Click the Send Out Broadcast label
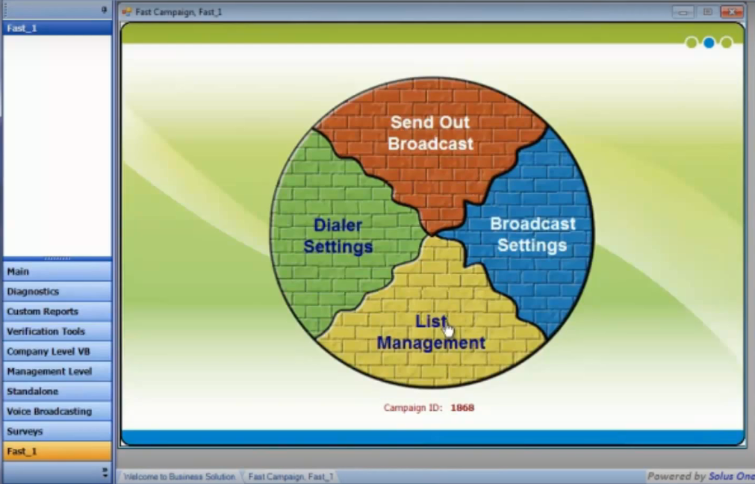click(x=430, y=133)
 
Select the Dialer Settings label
click(x=338, y=236)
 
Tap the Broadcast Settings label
click(x=532, y=235)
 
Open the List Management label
click(x=430, y=332)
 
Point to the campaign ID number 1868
click(x=462, y=407)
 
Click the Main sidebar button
click(x=58, y=272)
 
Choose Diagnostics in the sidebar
click(x=58, y=291)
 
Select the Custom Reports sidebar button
click(x=58, y=311)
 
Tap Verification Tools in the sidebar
click(x=58, y=332)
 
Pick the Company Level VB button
click(x=58, y=352)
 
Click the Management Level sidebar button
click(x=58, y=371)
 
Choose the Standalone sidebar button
click(x=58, y=391)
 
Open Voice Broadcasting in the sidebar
click(x=58, y=412)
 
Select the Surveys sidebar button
click(x=58, y=432)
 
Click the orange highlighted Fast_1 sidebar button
click(x=58, y=451)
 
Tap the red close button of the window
click(x=732, y=11)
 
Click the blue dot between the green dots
click(x=709, y=43)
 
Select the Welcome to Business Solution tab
click(x=179, y=477)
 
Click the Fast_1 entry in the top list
click(x=58, y=28)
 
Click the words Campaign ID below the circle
click(x=413, y=407)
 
